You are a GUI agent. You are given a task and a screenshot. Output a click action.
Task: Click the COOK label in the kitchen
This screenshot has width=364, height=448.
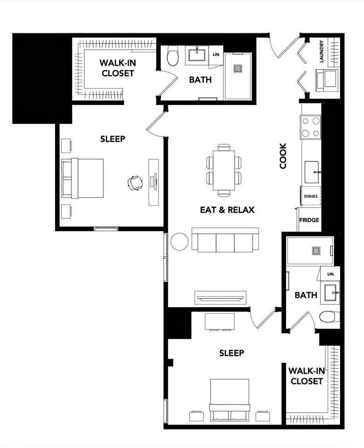click(283, 156)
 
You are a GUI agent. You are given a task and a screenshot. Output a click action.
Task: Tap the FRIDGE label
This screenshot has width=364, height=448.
click(309, 220)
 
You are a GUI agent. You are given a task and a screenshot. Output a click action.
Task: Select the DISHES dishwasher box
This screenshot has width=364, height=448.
click(311, 196)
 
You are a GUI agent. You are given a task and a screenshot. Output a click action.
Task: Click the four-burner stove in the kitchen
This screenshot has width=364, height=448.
click(311, 127)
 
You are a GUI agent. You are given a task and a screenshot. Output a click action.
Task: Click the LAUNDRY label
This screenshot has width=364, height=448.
click(322, 51)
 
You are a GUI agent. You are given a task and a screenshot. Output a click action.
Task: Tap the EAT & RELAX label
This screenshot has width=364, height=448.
click(227, 210)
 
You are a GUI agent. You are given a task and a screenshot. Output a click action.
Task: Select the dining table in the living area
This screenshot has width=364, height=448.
click(224, 170)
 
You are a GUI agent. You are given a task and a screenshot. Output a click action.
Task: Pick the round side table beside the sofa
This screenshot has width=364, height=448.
click(179, 241)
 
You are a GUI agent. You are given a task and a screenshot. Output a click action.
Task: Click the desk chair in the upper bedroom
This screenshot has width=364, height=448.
click(135, 183)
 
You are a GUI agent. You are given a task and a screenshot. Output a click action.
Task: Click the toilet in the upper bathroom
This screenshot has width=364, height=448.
click(173, 57)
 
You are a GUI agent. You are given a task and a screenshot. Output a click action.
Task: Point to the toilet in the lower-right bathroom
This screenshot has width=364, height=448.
click(329, 317)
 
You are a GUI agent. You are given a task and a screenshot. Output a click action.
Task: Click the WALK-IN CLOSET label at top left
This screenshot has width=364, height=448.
click(117, 68)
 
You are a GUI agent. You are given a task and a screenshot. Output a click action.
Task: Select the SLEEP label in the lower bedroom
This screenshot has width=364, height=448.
click(232, 353)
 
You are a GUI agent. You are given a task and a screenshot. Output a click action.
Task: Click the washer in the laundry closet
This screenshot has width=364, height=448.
click(327, 80)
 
